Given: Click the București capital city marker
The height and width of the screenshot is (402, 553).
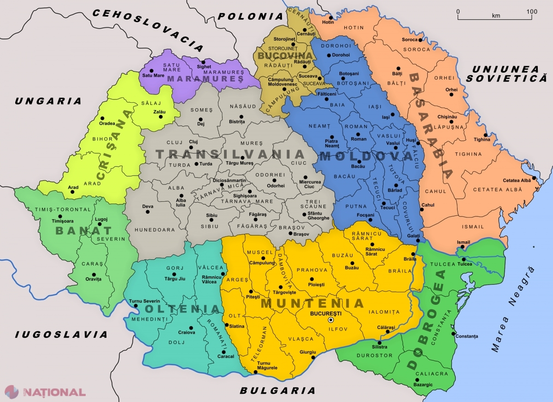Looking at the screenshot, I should pos(330,320).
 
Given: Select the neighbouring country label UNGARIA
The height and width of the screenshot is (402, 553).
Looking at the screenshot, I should pos(48,101).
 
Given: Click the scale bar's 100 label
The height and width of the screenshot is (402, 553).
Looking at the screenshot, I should pos(531,11).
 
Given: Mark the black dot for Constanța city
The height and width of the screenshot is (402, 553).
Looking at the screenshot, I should pos(454,334).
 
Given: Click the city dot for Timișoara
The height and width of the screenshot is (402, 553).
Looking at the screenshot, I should pos(59,216).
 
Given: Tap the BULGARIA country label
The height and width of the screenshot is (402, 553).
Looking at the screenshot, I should pos(277,390).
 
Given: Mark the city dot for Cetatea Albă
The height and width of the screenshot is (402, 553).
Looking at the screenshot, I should pos(534,178).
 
